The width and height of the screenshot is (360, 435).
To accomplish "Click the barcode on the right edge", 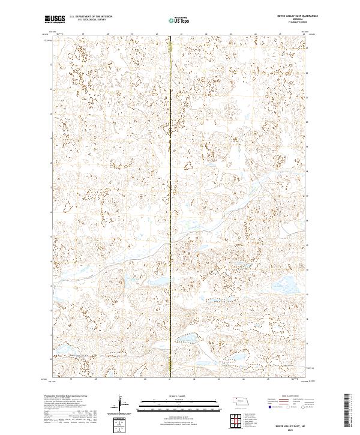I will point(347,408).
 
